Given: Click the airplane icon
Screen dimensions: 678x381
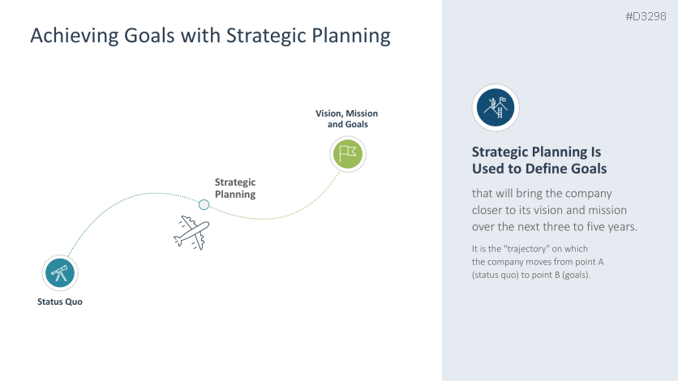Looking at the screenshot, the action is pyautogui.click(x=191, y=233).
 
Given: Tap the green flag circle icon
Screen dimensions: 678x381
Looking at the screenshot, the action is pyautogui.click(x=348, y=154).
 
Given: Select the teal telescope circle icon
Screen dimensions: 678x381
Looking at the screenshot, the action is pyautogui.click(x=60, y=272).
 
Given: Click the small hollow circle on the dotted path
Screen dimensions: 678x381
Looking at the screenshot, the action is pyautogui.click(x=204, y=204).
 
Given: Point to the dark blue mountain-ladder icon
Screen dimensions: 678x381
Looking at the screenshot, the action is pyautogui.click(x=496, y=108).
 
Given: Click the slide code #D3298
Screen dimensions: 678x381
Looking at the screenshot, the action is pyautogui.click(x=646, y=16).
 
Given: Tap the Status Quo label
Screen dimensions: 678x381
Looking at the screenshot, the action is pyautogui.click(x=60, y=302).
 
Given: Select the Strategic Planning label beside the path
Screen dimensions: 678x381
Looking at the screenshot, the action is pyautogui.click(x=235, y=188).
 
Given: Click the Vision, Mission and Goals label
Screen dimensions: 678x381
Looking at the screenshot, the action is pyautogui.click(x=347, y=119).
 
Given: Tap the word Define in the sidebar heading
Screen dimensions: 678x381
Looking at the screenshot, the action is pyautogui.click(x=544, y=169).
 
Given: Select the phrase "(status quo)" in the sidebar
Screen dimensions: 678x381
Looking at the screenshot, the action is pyautogui.click(x=495, y=275).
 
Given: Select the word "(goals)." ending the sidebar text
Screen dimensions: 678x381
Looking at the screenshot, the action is pyautogui.click(x=576, y=275).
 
